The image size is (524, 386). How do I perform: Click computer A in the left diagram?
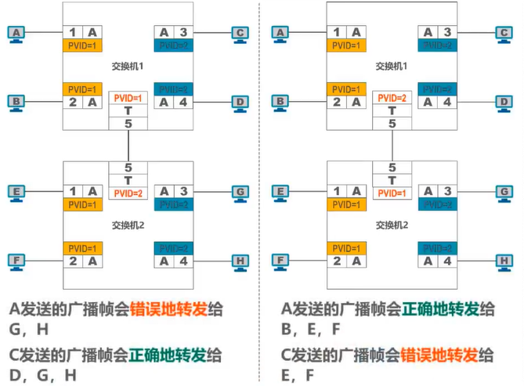coord(16,32)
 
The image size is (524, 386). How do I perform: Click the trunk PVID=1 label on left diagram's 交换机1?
coord(128,98)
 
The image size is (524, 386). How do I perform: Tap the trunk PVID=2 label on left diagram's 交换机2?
coord(128,193)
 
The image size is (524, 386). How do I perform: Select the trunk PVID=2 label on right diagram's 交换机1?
coord(392,98)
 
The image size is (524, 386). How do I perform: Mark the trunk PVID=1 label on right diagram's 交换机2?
coord(392,193)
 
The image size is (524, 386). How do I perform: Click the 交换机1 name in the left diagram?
coord(127,67)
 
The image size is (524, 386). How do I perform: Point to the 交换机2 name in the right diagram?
coord(391,225)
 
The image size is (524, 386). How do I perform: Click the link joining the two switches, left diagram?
coord(128,145)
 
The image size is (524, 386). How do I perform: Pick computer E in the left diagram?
coord(16,191)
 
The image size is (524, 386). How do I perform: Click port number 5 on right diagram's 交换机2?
coord(392,168)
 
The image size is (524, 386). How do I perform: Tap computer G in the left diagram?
coord(241,191)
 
